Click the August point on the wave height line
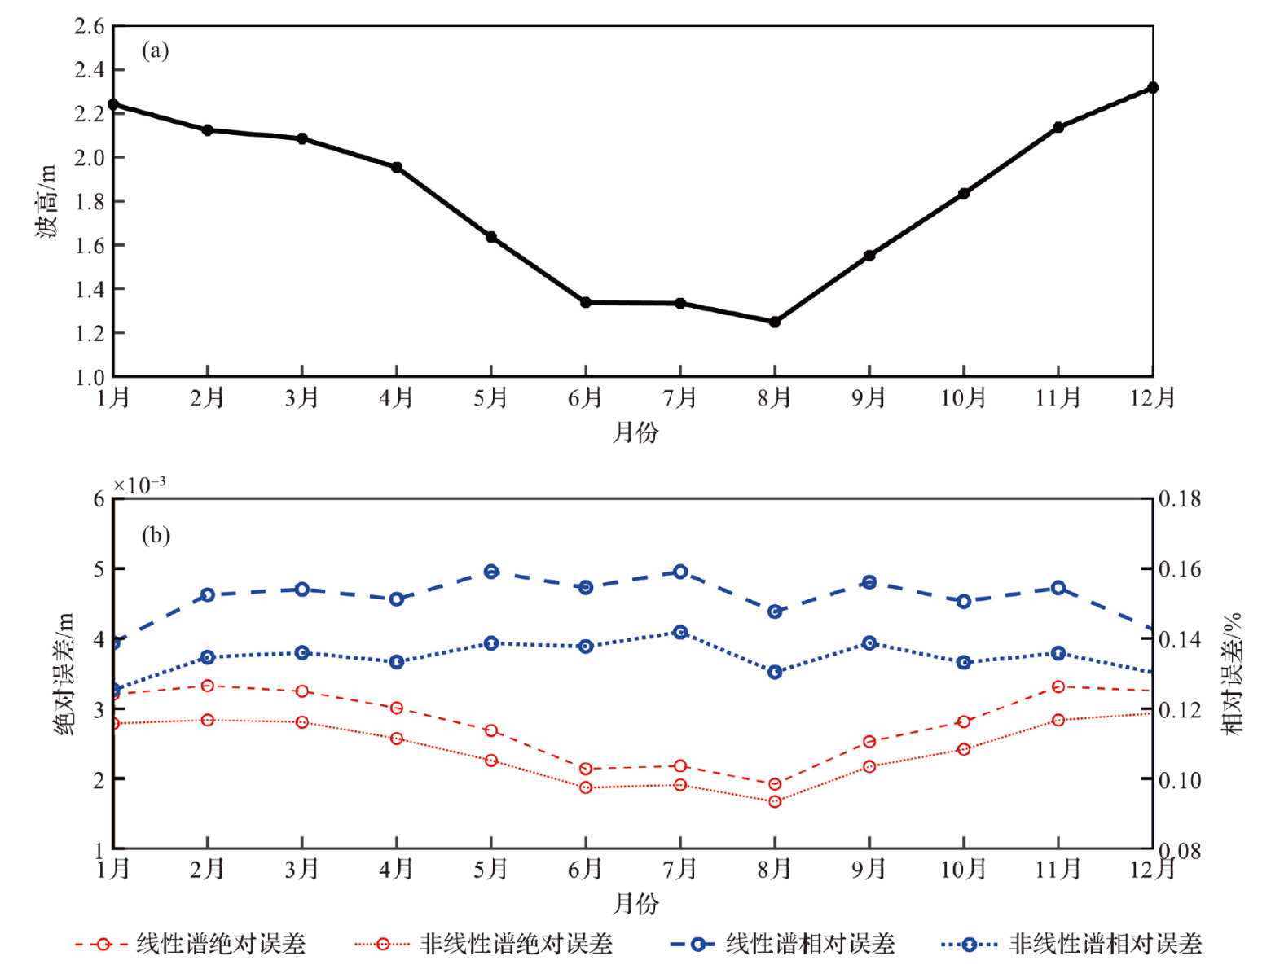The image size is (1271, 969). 775,322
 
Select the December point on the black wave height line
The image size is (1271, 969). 1152,87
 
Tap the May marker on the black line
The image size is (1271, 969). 491,237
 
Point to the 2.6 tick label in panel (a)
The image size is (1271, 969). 90,26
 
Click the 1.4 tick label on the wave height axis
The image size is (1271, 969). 90,289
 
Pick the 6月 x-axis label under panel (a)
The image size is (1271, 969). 585,397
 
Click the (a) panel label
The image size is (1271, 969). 155,50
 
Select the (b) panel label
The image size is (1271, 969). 156,535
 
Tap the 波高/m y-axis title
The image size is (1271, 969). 46,201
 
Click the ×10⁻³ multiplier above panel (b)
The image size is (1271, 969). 139,485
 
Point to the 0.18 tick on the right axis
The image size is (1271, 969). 1180,498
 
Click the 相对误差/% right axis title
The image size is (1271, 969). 1231,673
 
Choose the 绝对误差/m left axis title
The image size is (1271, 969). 64,673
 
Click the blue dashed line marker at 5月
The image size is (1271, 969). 491,572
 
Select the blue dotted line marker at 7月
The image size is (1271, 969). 680,632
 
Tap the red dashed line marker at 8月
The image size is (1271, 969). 775,784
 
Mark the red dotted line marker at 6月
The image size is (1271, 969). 586,787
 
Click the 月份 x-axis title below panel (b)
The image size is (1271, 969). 635,903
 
